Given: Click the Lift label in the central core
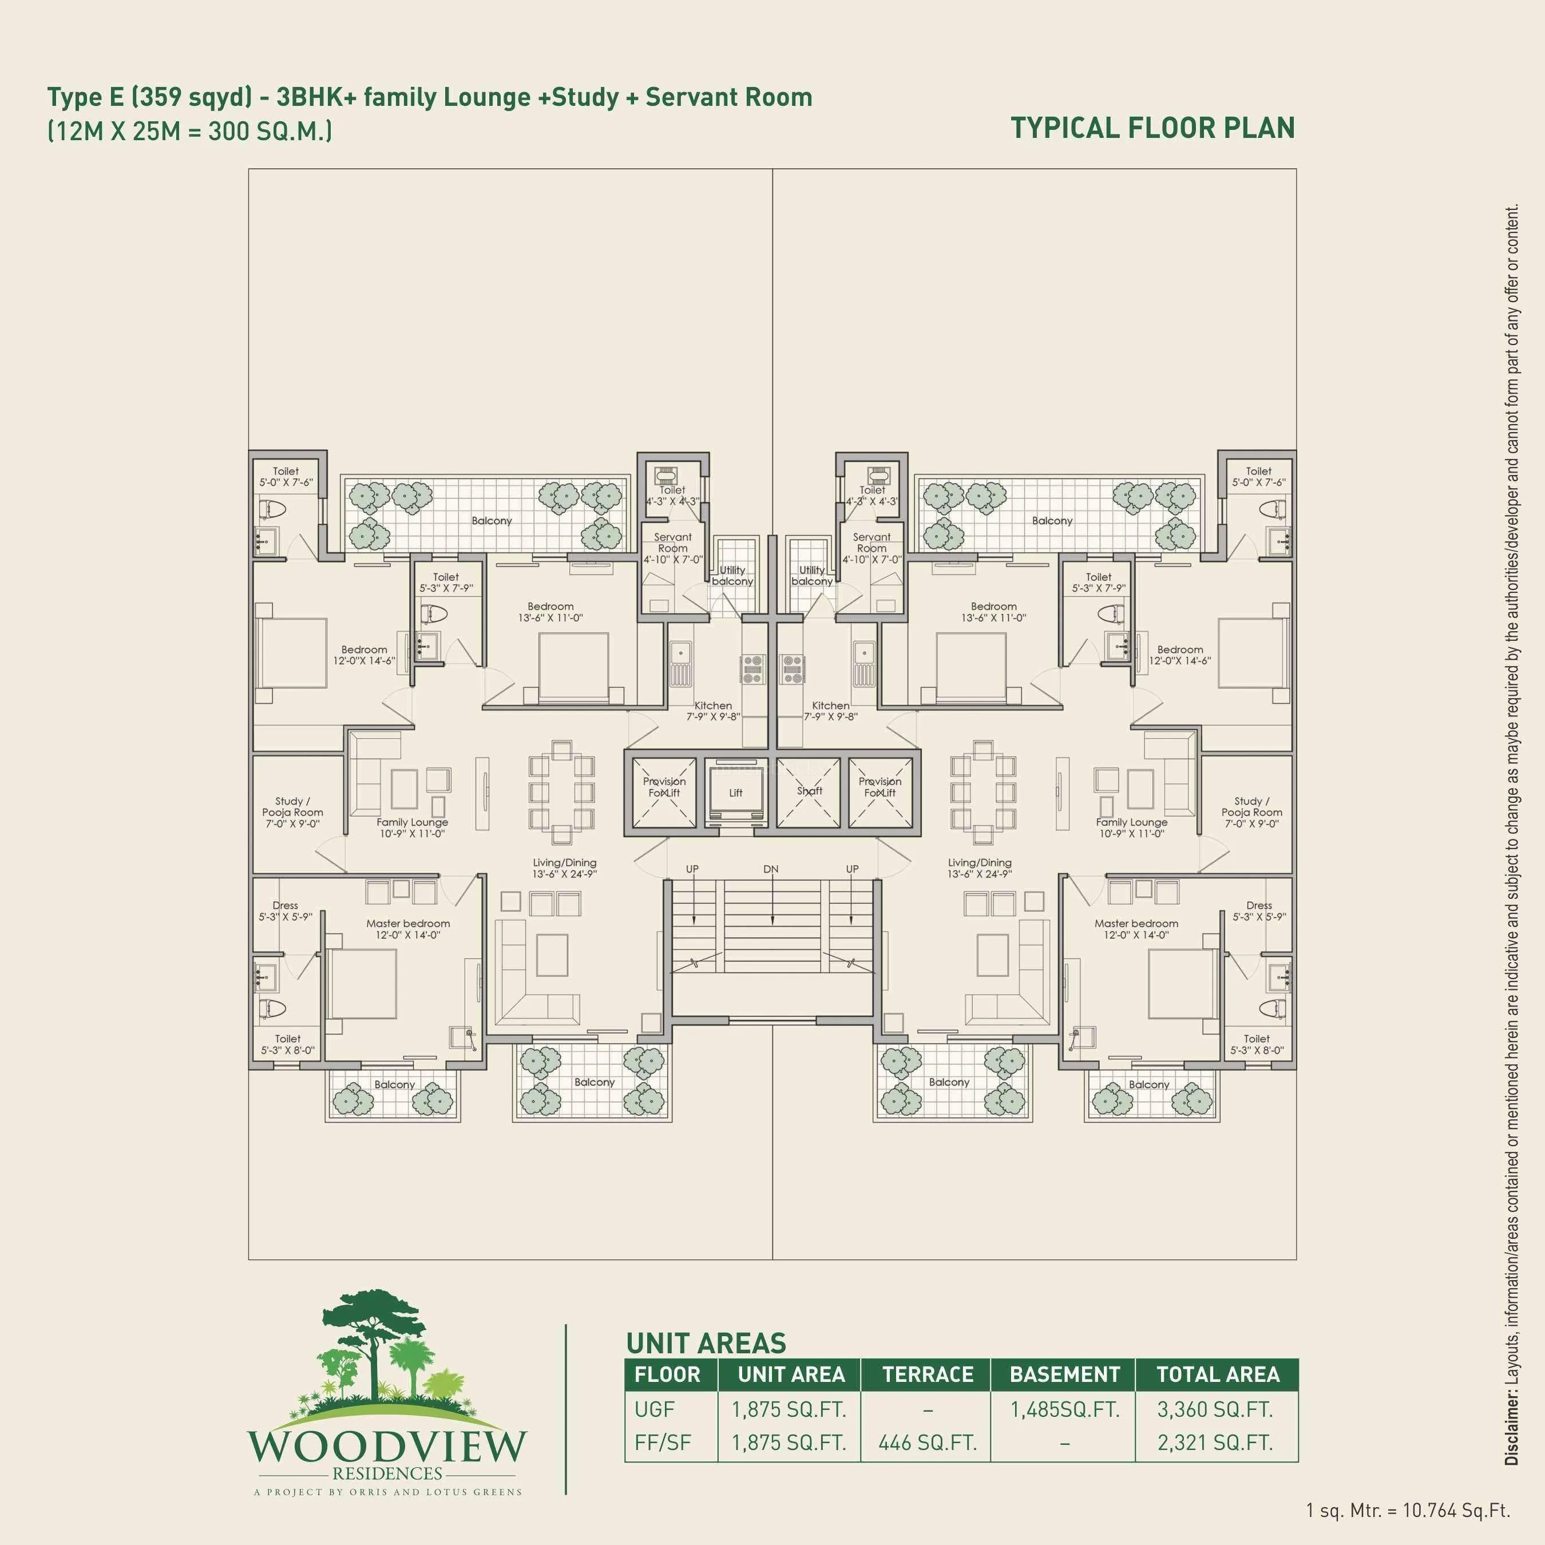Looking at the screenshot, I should [x=735, y=793].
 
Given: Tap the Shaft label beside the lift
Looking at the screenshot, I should [x=809, y=790].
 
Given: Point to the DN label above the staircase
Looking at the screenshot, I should [x=770, y=869].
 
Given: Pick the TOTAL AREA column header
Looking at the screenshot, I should [x=1217, y=1374].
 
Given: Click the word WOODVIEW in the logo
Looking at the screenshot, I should [x=387, y=1446].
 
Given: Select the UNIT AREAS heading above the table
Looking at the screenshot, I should [x=706, y=1342].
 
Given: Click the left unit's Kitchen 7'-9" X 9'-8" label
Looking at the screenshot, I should [x=712, y=711].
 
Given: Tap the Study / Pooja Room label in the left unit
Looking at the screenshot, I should [x=292, y=811].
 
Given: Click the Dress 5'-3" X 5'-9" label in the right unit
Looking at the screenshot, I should [x=1259, y=911].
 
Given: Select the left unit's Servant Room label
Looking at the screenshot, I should [x=672, y=548].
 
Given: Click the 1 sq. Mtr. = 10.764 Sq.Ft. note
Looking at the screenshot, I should [x=1408, y=1510].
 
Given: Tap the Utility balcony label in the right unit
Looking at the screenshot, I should [x=811, y=575].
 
